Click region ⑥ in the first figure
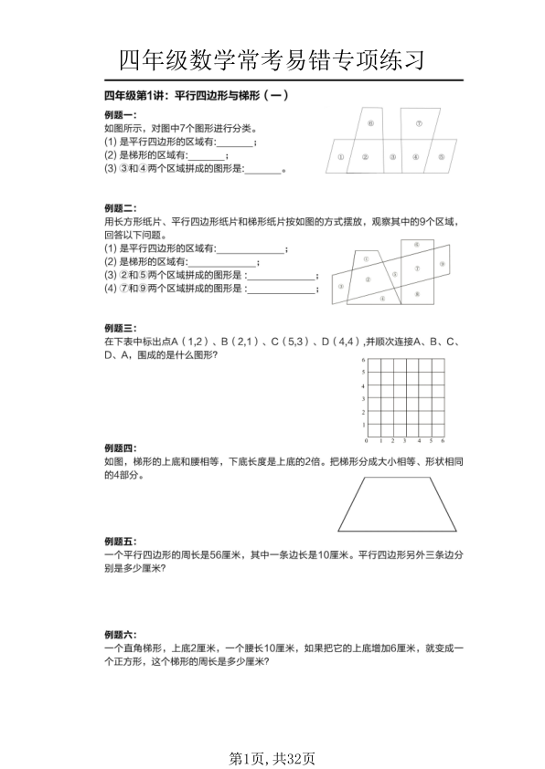point(370,122)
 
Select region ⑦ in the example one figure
point(418,122)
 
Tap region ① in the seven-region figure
point(339,157)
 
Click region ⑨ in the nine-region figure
point(441,263)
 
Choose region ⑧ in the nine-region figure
point(416,293)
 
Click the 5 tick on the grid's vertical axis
point(364,373)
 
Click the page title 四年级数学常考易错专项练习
point(272,61)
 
